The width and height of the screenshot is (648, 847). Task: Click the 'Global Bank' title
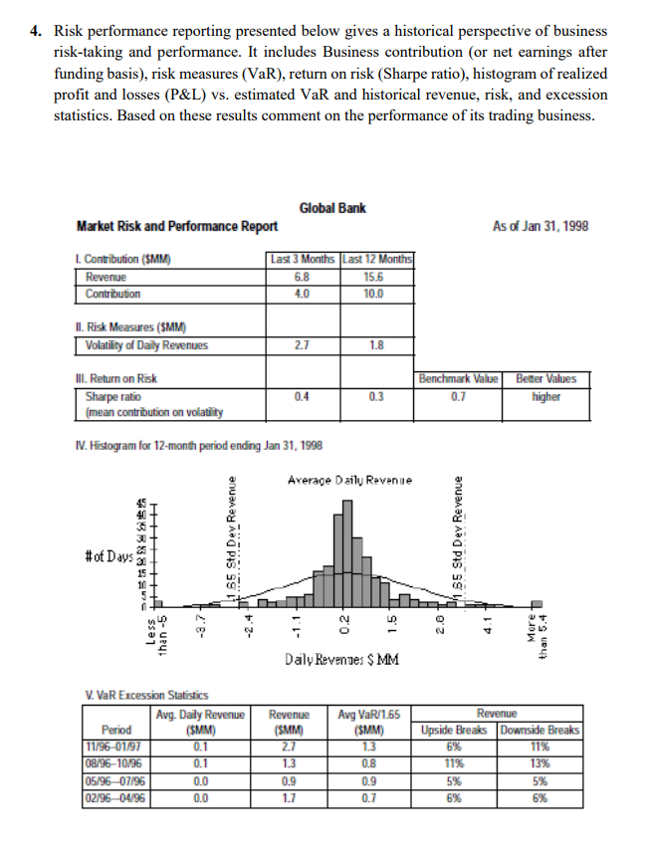(332, 208)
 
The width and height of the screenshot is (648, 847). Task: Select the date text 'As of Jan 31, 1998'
(539, 226)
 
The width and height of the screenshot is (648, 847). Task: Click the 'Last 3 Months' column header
(304, 261)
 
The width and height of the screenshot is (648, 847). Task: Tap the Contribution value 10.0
(377, 294)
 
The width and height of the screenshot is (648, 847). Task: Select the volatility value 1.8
(377, 345)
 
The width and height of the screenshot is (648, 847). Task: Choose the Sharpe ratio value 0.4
(304, 396)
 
